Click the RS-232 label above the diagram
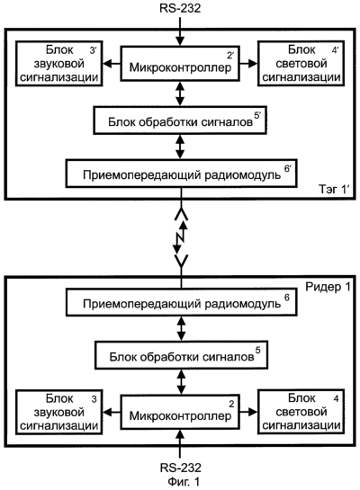[x=180, y=8]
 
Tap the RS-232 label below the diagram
[x=181, y=468]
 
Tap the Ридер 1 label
[x=328, y=287]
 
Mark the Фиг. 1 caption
[x=184, y=482]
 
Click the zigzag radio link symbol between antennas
[x=180, y=237]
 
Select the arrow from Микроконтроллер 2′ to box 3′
[x=112, y=64]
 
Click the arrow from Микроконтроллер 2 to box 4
[x=248, y=412]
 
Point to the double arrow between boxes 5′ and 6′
[x=180, y=147]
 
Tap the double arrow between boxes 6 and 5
[x=181, y=328]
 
